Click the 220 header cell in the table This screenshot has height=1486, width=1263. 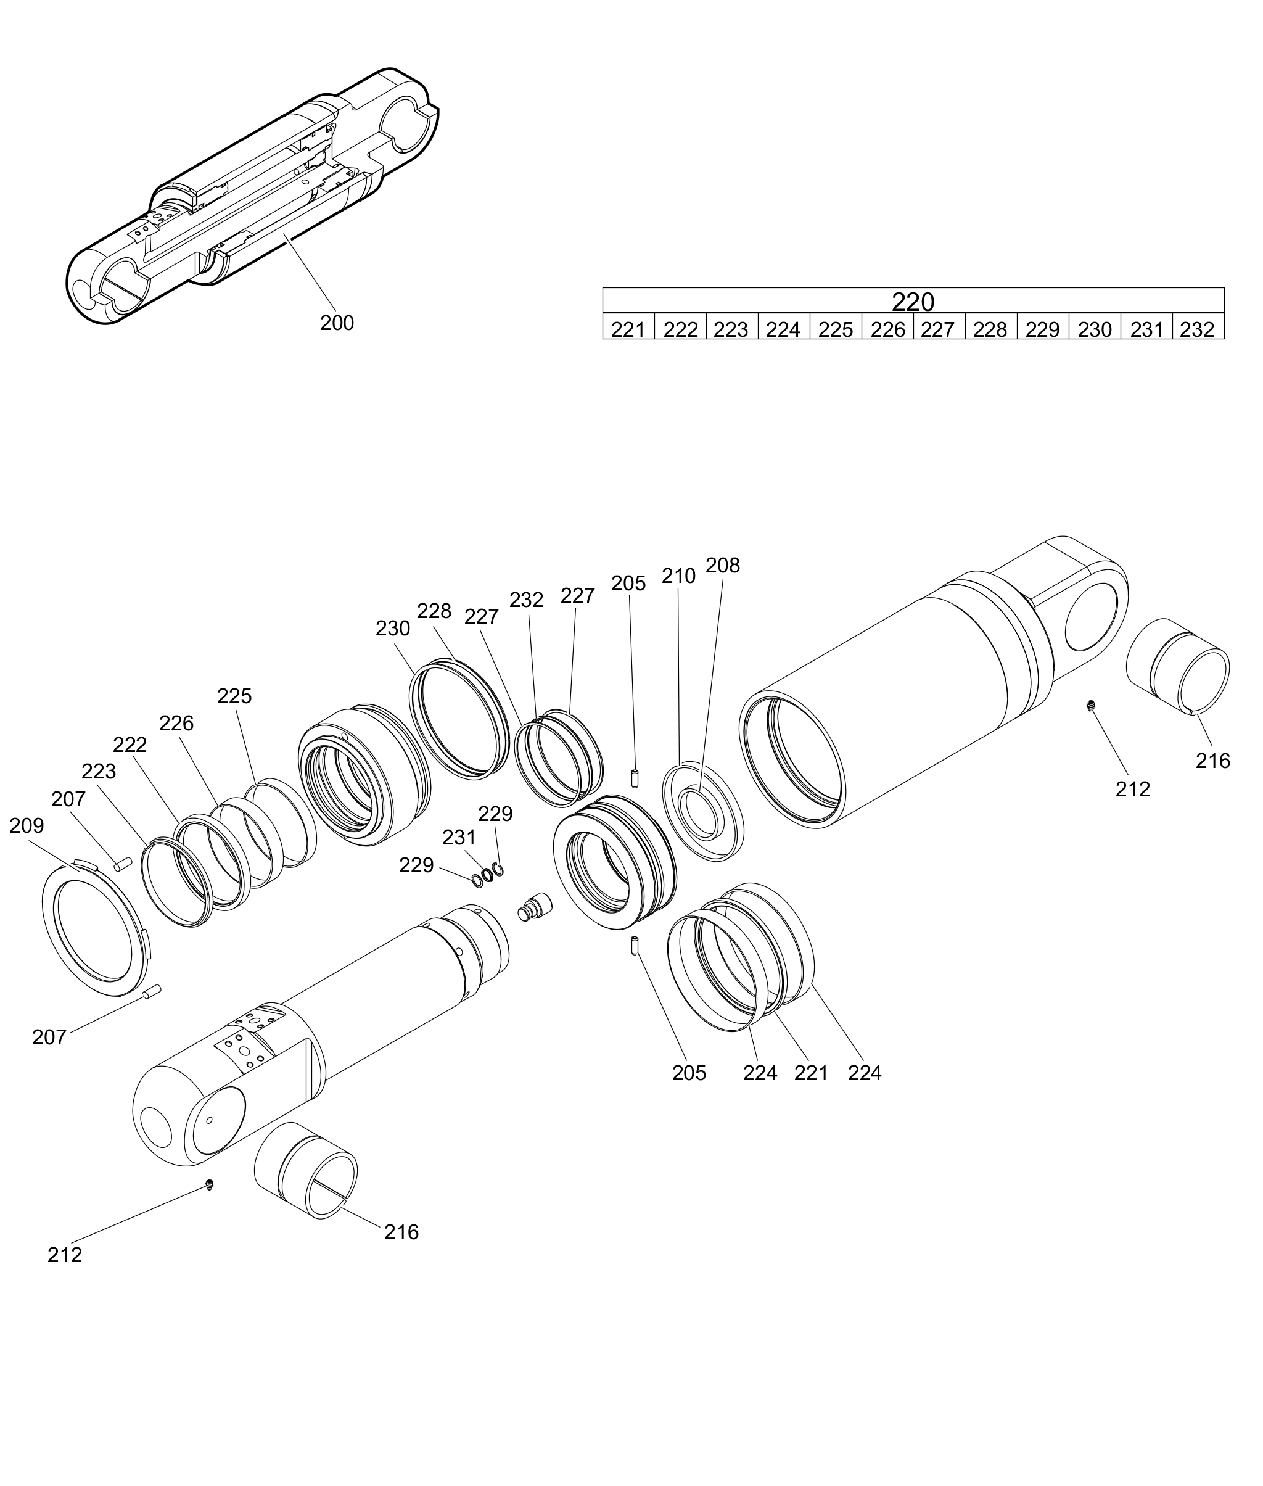coord(913,301)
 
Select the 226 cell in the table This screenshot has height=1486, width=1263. coord(888,326)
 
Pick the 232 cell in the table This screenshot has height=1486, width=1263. coord(1198,326)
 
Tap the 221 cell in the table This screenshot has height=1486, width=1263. coord(628,326)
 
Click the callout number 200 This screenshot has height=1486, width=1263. coord(337,323)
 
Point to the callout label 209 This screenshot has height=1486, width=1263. coord(27,826)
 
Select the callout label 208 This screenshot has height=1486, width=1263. coord(722,565)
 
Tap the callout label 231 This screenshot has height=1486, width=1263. coord(459,837)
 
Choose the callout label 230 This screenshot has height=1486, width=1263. coord(392,628)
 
